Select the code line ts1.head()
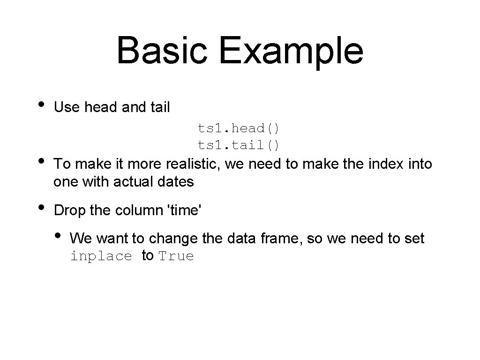point(239,127)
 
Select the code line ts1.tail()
point(239,145)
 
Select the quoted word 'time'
point(184,210)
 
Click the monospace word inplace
point(101,256)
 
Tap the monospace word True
point(176,256)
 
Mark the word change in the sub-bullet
point(173,239)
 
